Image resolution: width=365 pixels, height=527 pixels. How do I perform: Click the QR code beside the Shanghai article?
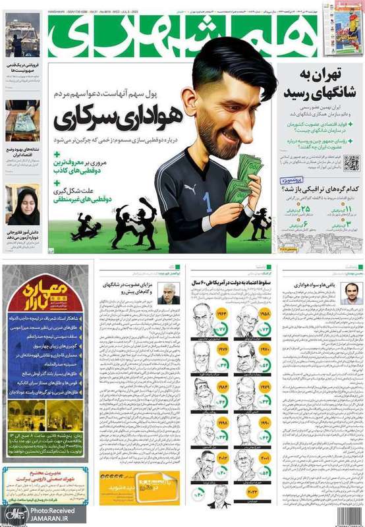pos(351,163)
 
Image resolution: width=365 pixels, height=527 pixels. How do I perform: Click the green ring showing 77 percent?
pos(221,329)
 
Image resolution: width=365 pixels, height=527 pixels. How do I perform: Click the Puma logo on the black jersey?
pos(190,188)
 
